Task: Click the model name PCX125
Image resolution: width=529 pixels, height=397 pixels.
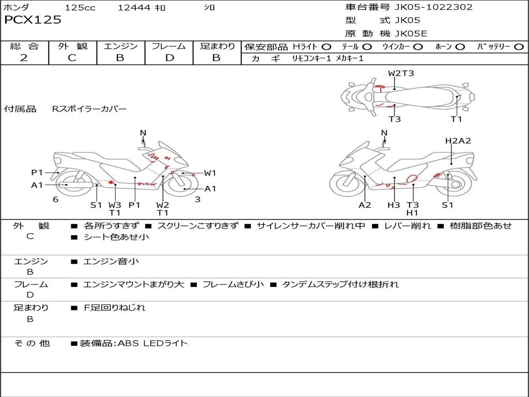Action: point(33,20)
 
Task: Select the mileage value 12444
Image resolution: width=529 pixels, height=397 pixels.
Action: point(134,7)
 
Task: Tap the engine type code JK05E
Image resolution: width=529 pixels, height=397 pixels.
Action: point(411,34)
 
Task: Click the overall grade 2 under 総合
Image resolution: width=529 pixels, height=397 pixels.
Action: point(24,58)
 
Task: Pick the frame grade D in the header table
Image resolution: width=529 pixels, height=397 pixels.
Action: point(169,58)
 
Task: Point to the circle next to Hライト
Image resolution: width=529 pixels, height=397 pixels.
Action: point(326,47)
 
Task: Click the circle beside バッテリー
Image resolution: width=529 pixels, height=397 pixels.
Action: point(519,47)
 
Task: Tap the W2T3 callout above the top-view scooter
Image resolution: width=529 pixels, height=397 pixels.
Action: point(401,73)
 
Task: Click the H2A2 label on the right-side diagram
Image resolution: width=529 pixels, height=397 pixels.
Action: point(458,141)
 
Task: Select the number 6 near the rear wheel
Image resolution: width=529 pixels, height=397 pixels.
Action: point(56,199)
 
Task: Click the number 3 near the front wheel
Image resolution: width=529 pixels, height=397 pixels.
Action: point(198,199)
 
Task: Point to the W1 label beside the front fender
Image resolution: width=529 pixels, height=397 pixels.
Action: point(210,173)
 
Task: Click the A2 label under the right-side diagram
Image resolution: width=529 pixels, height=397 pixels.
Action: point(365,205)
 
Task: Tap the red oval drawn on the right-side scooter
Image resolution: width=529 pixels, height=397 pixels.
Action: point(412,178)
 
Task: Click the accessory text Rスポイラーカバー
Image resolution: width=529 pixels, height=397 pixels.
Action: point(89,109)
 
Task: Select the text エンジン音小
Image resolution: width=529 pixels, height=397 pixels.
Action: point(111,261)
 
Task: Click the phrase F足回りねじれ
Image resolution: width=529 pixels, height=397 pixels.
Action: point(115,308)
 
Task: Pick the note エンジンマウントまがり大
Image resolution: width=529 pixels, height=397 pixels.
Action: point(134,284)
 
